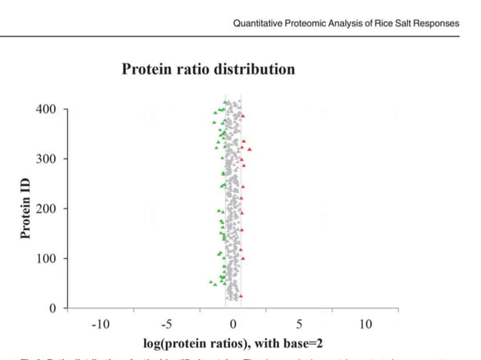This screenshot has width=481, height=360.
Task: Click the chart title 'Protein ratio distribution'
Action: (208, 69)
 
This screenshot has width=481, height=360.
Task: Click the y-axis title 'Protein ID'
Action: (25, 209)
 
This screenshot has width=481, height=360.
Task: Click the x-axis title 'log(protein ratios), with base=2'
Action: (233, 343)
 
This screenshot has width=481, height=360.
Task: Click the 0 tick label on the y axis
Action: (52, 308)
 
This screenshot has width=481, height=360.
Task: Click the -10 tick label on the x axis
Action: (100, 325)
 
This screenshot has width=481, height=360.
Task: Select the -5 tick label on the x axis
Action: (167, 325)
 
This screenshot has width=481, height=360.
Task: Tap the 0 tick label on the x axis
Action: (233, 325)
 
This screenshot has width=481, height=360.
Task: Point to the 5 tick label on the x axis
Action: (299, 325)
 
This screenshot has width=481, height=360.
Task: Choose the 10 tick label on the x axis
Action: (366, 325)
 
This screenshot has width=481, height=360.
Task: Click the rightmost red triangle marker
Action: (250, 150)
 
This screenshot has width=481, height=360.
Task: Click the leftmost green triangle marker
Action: (211, 282)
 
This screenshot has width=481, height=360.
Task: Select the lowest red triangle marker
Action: (240, 296)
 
